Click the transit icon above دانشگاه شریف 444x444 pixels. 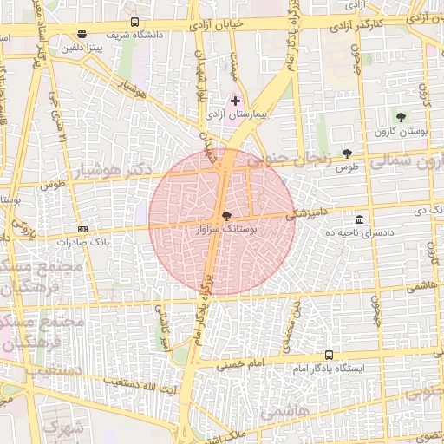pyautogui.click(x=134, y=22)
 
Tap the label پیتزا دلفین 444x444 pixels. pyautogui.click(x=82, y=48)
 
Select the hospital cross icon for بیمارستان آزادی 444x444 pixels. pyautogui.click(x=235, y=101)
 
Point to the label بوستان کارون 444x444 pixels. pyautogui.click(x=400, y=131)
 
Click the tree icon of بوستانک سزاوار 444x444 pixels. pyautogui.click(x=227, y=215)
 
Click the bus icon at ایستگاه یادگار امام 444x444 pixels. pyautogui.click(x=329, y=355)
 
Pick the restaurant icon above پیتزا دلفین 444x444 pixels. pyautogui.click(x=82, y=35)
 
